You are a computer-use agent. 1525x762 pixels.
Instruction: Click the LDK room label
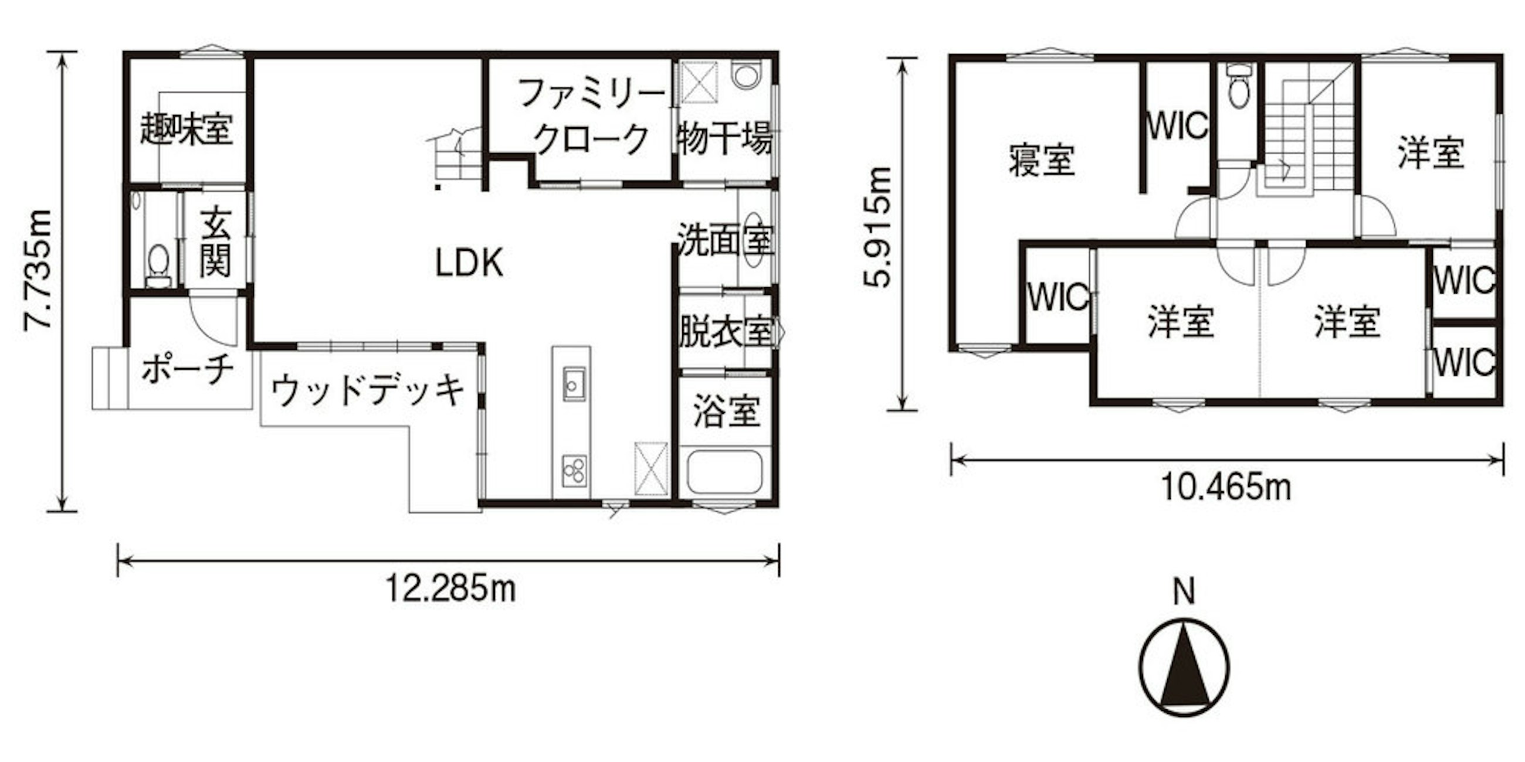pos(469,263)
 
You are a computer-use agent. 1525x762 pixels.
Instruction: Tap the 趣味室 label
pos(187,129)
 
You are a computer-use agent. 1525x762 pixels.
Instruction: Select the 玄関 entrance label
pos(215,242)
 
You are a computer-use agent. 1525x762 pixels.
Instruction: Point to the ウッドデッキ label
pos(368,390)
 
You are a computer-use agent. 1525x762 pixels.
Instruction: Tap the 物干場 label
pos(724,138)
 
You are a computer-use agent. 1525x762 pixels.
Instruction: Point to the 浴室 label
pos(726,411)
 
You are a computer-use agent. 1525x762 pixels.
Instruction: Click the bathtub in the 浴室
pos(723,473)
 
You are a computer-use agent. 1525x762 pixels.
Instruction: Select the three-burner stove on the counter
pos(574,471)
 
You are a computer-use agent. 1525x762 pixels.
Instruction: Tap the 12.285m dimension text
pos(450,588)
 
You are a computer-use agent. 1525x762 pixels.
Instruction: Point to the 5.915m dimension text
pos(877,227)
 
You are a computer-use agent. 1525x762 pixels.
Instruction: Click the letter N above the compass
pos(1184,591)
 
